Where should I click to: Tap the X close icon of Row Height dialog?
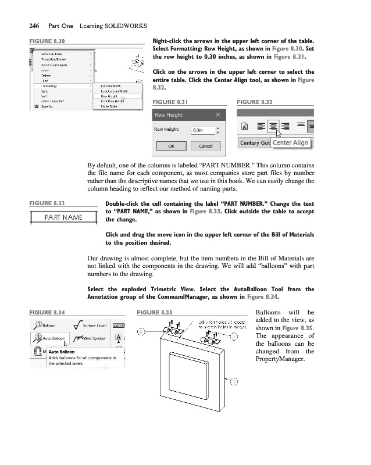217,115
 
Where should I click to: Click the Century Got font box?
255,142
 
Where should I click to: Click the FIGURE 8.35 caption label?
155,312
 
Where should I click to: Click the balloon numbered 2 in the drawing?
141,332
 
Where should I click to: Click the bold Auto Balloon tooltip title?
62,352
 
